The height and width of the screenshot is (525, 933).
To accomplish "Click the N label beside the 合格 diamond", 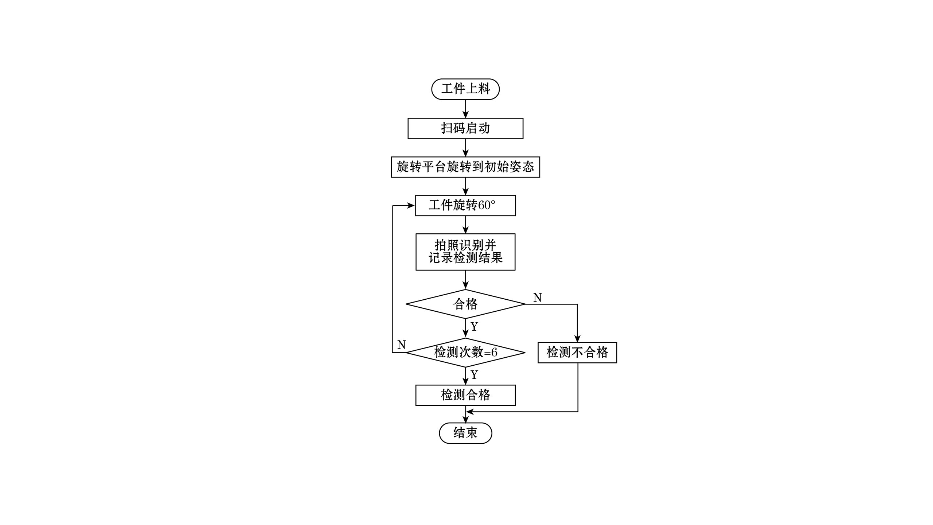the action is [x=538, y=297].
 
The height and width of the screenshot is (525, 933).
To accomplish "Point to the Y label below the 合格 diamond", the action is [x=474, y=326].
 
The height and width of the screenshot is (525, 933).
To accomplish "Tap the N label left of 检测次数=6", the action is [x=402, y=345].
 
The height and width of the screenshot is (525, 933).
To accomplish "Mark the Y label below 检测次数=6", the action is [x=474, y=374].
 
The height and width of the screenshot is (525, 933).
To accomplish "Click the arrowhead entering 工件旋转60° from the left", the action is [x=411, y=206].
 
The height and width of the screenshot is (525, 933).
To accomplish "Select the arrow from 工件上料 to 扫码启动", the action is [x=465, y=109].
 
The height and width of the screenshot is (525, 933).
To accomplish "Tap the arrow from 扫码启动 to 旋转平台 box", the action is [x=465, y=148].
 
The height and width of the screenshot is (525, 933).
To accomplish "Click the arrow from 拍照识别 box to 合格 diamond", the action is [x=465, y=280].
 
